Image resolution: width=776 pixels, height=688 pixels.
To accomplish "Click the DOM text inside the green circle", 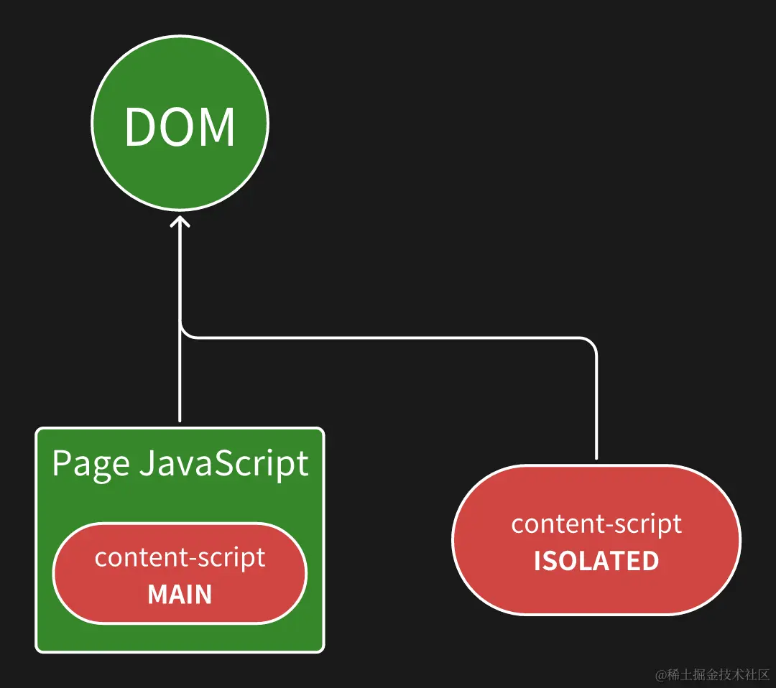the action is pos(180,126).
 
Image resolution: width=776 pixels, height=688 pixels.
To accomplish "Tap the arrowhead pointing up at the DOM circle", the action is pos(180,221).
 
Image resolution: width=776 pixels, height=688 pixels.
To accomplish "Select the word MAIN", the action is pos(180,594).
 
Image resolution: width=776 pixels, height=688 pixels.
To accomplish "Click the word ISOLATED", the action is pos(596,561).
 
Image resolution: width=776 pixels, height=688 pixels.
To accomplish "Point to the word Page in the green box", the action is pos(91,465).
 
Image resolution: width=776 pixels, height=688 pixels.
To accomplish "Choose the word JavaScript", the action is pos(223,464).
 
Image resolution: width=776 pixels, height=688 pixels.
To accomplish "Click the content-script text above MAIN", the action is pos(180,558).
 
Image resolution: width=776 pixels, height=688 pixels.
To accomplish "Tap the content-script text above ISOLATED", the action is pos(596,524).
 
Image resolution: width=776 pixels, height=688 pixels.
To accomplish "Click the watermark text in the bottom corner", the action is pos(713,674).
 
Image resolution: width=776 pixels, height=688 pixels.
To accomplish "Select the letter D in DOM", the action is pos(141,126).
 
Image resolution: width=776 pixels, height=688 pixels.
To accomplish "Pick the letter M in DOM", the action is pos(218,126).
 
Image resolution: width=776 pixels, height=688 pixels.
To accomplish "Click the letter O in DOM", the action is pos(178,126).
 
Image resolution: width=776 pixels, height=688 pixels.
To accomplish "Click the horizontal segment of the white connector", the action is pos(386,338).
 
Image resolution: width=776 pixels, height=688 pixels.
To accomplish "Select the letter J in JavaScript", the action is pos(147,463).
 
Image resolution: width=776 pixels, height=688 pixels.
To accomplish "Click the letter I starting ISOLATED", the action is pos(537,561).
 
